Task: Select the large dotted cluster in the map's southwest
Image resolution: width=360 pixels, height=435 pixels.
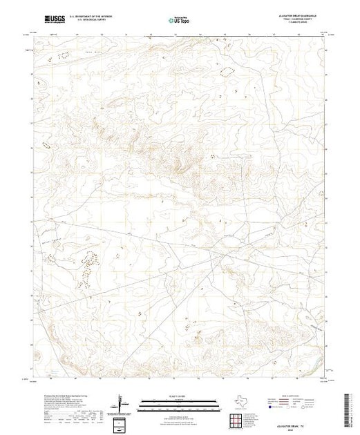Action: [x=86, y=268]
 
